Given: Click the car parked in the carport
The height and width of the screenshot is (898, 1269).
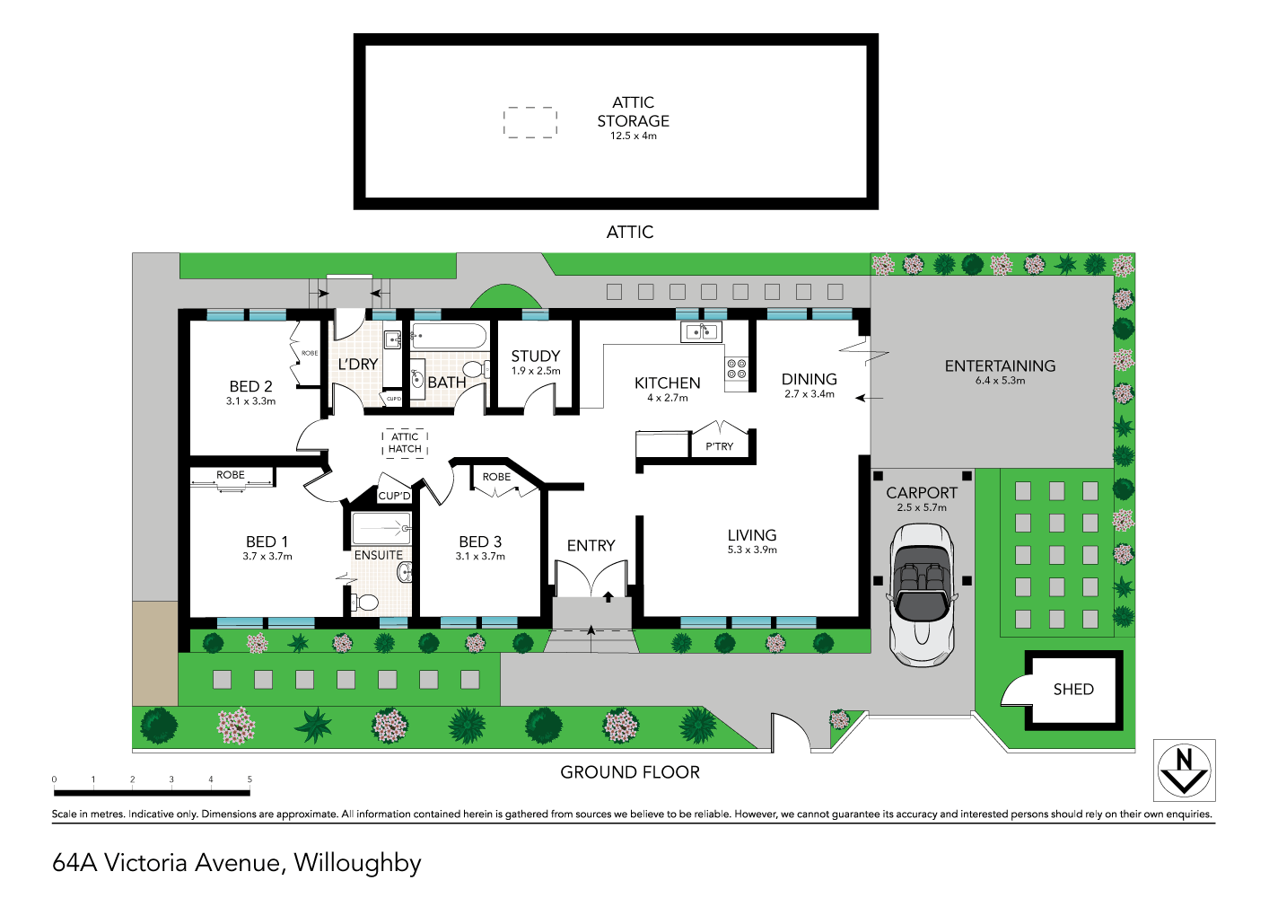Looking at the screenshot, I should point(922,595).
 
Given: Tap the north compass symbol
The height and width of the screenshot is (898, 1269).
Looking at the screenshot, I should point(1184,770).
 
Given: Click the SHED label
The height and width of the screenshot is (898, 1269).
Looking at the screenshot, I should point(1073,690).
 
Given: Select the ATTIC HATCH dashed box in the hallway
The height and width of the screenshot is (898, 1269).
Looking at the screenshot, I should point(405,443).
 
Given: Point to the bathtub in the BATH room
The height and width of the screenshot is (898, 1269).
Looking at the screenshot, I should point(449,338).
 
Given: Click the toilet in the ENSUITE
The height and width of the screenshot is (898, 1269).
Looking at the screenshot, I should point(363,602).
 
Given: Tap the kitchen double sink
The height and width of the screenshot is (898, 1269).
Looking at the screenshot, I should point(702,332).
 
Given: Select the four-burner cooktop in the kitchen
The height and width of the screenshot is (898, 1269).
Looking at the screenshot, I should point(737,368).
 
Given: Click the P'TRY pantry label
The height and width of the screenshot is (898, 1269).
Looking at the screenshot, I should point(719,446).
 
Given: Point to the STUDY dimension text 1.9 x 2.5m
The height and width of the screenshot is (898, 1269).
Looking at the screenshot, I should point(536,371).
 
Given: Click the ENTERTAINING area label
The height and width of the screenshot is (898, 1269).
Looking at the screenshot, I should point(1000,365).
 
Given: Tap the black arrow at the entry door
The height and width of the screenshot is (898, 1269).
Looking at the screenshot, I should point(608,596).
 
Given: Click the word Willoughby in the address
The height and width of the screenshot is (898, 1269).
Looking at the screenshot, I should point(357,863).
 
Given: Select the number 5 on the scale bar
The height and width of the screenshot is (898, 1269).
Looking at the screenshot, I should point(249,779).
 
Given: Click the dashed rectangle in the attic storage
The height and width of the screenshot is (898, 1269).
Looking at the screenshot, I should point(530,122).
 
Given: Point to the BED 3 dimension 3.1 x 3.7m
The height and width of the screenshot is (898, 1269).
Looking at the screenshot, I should point(480,557).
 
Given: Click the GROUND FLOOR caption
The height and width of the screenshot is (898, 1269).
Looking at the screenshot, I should point(630,772).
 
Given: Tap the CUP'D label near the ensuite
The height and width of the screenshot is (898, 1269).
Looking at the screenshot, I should point(394,496).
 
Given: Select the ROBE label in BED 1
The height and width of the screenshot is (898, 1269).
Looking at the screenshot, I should point(231,475).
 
